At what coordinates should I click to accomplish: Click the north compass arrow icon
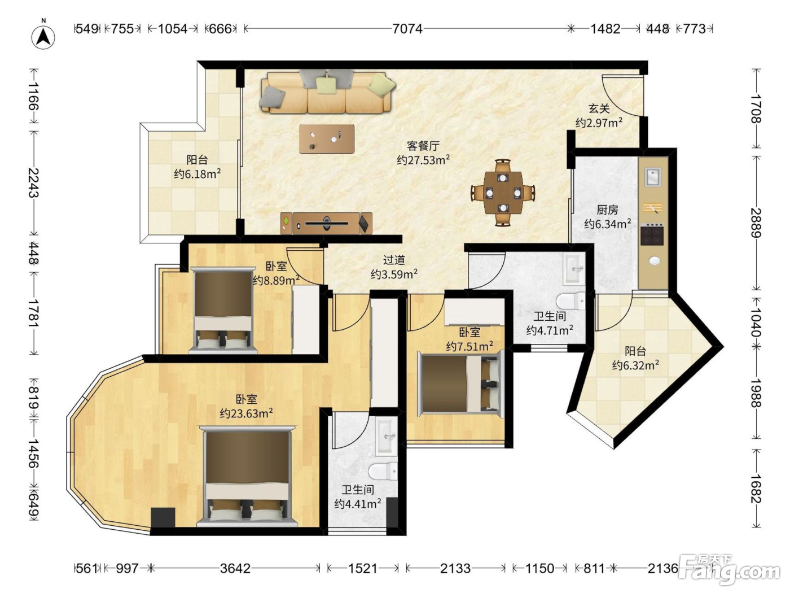click(43, 37)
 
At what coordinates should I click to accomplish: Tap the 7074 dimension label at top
click(407, 28)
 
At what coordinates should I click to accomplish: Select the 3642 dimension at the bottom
click(235, 569)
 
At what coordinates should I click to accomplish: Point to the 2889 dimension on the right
click(756, 223)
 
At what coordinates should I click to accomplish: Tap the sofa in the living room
click(327, 91)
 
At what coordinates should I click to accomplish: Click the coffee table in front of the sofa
click(327, 139)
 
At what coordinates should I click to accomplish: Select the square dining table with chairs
click(503, 193)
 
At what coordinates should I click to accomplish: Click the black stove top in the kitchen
click(652, 234)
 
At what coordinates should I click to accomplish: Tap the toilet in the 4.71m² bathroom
click(571, 300)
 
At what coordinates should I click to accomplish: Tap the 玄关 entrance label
click(599, 108)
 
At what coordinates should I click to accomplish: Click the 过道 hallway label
click(394, 260)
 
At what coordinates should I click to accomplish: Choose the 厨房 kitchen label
click(607, 209)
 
